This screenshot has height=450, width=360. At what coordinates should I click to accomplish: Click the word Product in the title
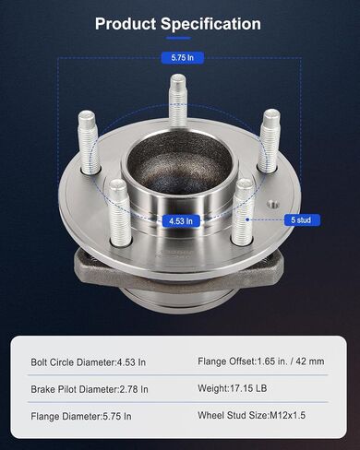[126, 24]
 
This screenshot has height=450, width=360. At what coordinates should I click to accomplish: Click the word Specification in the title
[210, 25]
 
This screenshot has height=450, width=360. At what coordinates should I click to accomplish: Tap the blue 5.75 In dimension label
[183, 57]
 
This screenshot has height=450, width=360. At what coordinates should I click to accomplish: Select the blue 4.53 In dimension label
[181, 220]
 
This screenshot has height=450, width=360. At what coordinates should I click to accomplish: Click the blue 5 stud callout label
[301, 219]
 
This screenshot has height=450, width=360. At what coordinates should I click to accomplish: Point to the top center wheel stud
[178, 101]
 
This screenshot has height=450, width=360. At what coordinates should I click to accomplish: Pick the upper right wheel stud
[269, 141]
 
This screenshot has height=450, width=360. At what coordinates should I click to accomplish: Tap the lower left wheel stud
[120, 213]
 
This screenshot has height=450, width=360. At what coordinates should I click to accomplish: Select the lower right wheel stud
[243, 212]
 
